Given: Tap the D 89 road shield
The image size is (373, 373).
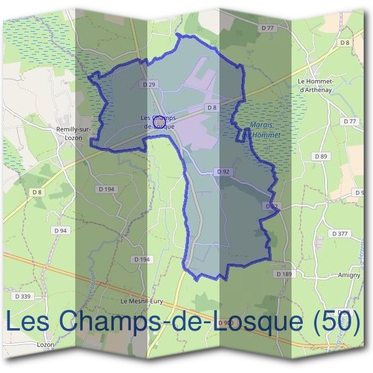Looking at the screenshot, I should [321, 156].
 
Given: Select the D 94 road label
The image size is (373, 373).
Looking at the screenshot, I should [60, 230].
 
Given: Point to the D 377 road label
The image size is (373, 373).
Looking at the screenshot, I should [340, 233].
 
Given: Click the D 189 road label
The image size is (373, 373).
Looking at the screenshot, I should [283, 274].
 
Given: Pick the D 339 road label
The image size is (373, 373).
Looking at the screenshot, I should [22, 296].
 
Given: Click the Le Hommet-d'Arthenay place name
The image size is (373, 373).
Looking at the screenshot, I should [317, 85].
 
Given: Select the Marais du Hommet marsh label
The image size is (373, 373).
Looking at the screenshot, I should [261, 129].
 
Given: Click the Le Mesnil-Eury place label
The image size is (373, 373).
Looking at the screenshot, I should [141, 301].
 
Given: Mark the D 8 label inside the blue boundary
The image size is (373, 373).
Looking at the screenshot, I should [212, 108].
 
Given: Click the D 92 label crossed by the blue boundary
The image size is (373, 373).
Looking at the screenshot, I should [271, 206].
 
